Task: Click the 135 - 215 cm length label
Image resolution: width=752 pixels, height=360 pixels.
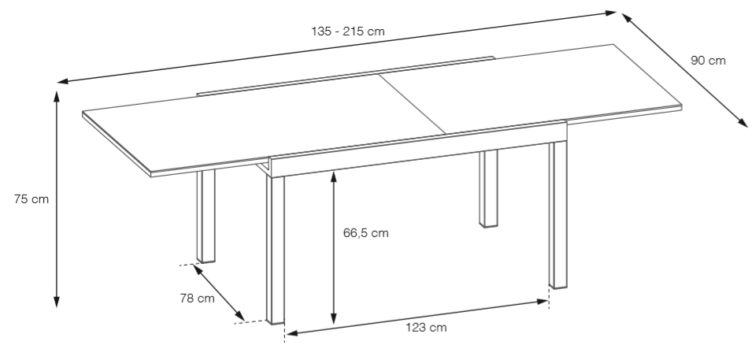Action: pos(348,32)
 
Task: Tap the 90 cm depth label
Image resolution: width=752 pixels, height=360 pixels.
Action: pos(708,61)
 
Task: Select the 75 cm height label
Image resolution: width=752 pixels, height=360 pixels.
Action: pos(31,199)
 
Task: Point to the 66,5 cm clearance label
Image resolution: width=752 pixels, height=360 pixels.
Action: pos(366,233)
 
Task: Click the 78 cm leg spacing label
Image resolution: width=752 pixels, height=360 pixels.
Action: pos(197,299)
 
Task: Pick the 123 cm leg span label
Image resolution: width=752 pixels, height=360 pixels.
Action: pos(426,328)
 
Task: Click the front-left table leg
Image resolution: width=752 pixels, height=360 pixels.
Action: pos(276,250)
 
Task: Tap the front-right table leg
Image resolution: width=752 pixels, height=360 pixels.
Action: pos(558,214)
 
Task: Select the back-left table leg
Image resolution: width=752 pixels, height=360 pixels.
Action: pos(206,216)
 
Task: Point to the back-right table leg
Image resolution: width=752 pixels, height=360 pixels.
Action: pos(488,188)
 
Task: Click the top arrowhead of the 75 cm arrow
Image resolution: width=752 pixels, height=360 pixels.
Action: pos(57,96)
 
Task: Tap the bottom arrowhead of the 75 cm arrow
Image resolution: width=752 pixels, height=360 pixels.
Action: pos(57,302)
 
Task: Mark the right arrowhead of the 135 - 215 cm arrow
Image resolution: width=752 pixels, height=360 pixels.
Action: pos(610,13)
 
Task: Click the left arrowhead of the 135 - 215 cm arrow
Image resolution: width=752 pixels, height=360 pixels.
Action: pos(63,81)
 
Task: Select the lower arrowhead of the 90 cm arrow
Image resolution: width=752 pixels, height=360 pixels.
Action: pos(743,123)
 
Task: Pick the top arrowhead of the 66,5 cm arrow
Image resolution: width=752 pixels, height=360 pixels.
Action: pos(334,177)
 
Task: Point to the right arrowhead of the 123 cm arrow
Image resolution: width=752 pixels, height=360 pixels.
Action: pos(543,302)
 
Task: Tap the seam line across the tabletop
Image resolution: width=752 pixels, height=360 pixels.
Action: pos(413,104)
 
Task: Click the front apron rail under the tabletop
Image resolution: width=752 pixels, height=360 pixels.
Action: pos(418,149)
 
